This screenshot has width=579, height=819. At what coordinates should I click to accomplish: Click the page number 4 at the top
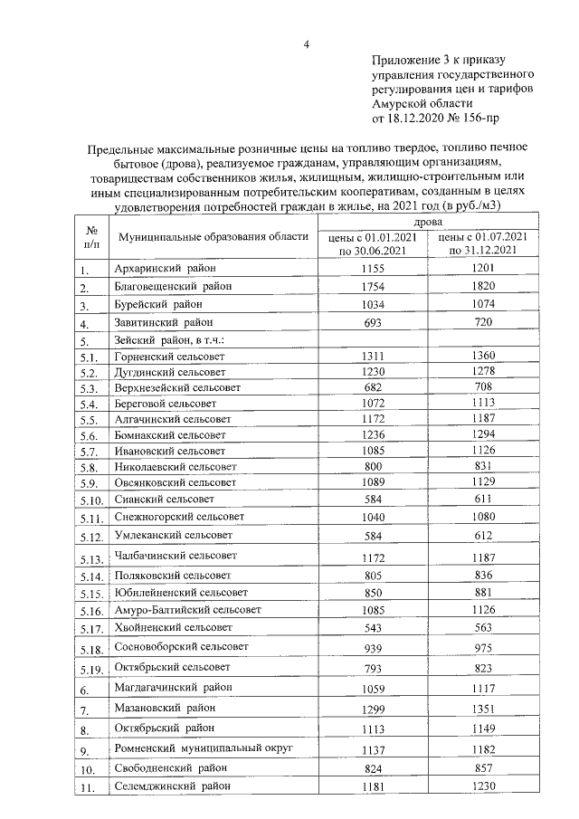307,44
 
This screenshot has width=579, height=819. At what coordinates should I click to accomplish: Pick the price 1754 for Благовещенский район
373,287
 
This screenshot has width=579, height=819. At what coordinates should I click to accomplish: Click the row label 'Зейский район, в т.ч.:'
169,340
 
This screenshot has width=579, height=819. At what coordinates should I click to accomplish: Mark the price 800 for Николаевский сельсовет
373,467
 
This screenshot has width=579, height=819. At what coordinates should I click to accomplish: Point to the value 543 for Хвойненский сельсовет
373,627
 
